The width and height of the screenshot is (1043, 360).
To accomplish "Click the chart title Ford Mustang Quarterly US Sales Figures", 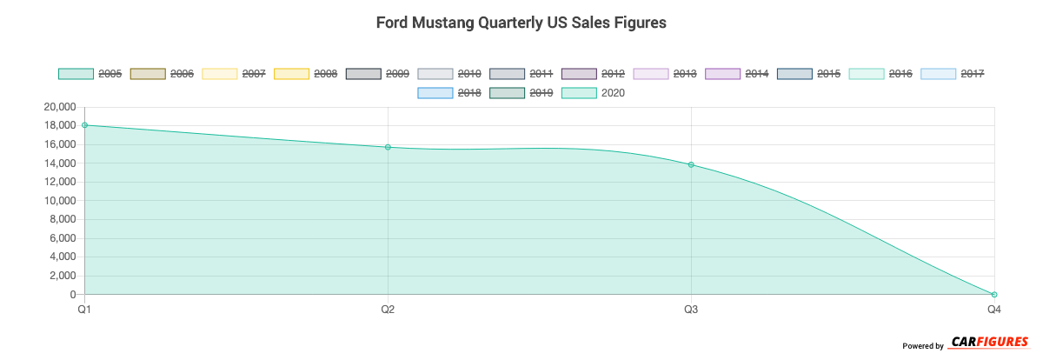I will click(521, 23).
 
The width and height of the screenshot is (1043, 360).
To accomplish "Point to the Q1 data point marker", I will click(84, 125).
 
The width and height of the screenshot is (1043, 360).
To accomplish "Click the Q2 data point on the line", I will click(388, 147).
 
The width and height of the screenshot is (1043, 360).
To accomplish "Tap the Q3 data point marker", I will click(691, 164).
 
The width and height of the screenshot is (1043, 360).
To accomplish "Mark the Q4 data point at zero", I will click(994, 295).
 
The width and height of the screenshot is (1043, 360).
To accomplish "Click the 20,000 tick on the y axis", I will click(58, 107).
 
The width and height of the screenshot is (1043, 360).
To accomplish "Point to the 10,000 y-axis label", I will click(58, 201).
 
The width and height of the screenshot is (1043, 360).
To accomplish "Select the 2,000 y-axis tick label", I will click(63, 276).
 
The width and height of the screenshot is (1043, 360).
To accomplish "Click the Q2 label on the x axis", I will click(388, 309).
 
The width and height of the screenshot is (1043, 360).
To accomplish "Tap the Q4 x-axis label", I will click(993, 309).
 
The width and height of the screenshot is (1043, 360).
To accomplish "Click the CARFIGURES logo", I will click(990, 342).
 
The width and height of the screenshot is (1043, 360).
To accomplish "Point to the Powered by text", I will click(922, 346).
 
